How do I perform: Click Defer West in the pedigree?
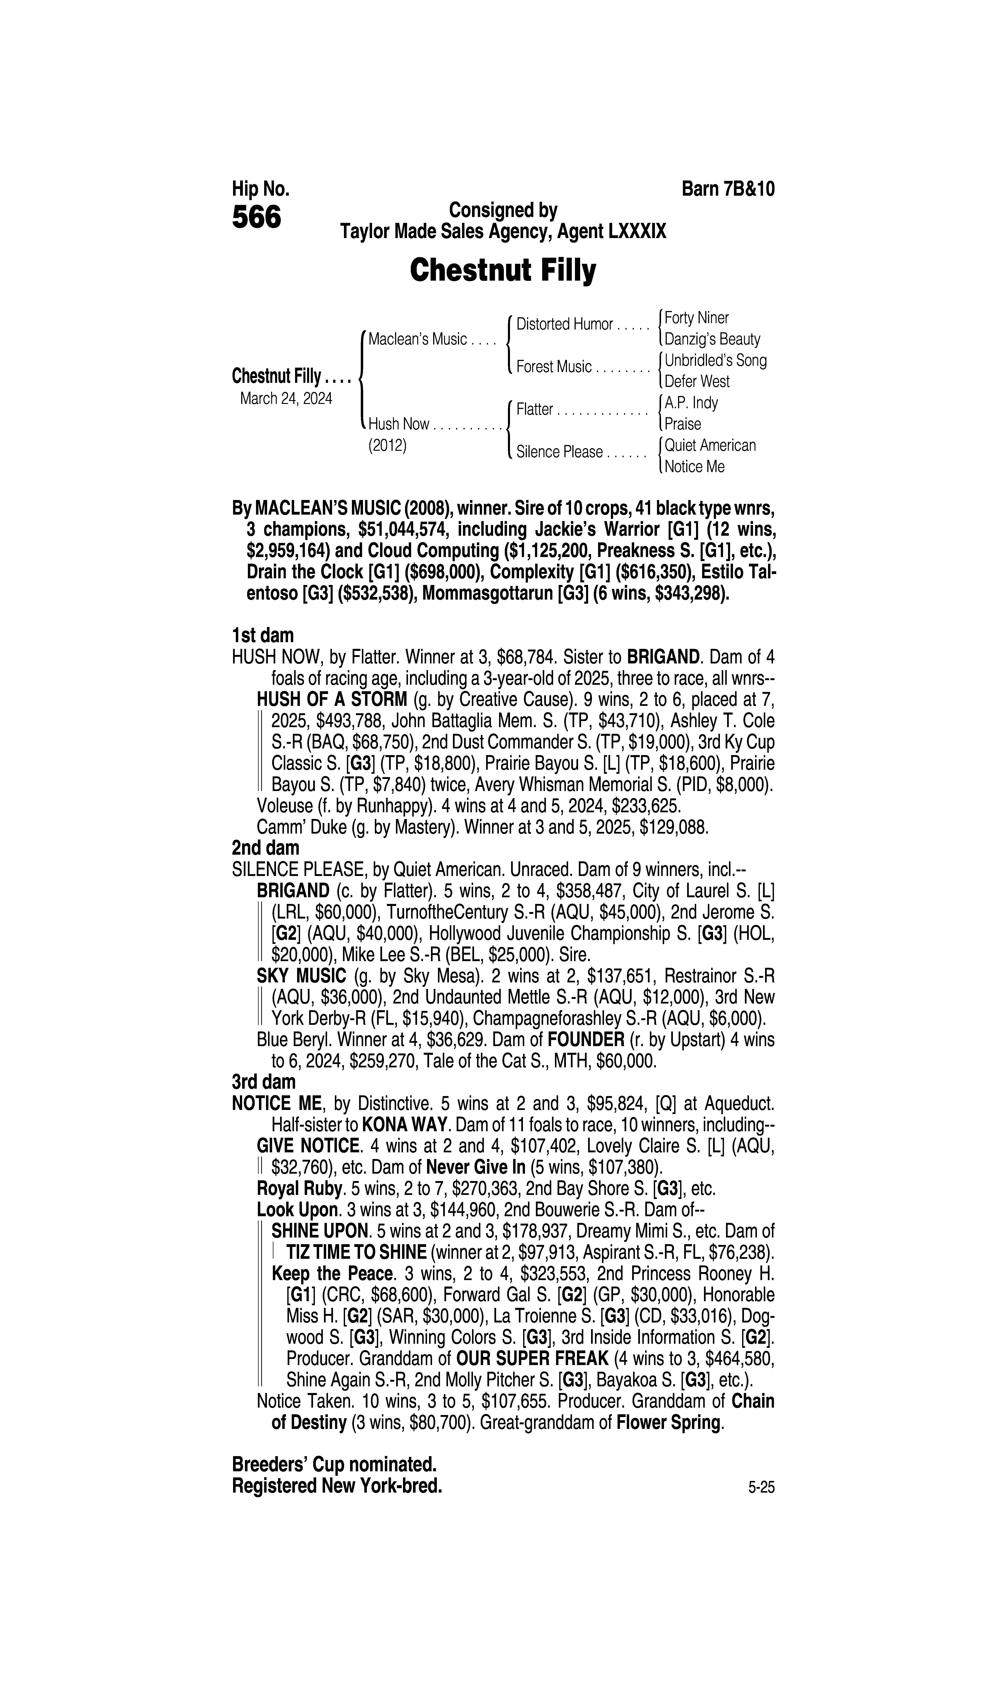(697, 381)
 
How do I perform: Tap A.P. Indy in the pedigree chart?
(691, 403)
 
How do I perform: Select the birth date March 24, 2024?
(286, 398)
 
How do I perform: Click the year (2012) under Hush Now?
(387, 446)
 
